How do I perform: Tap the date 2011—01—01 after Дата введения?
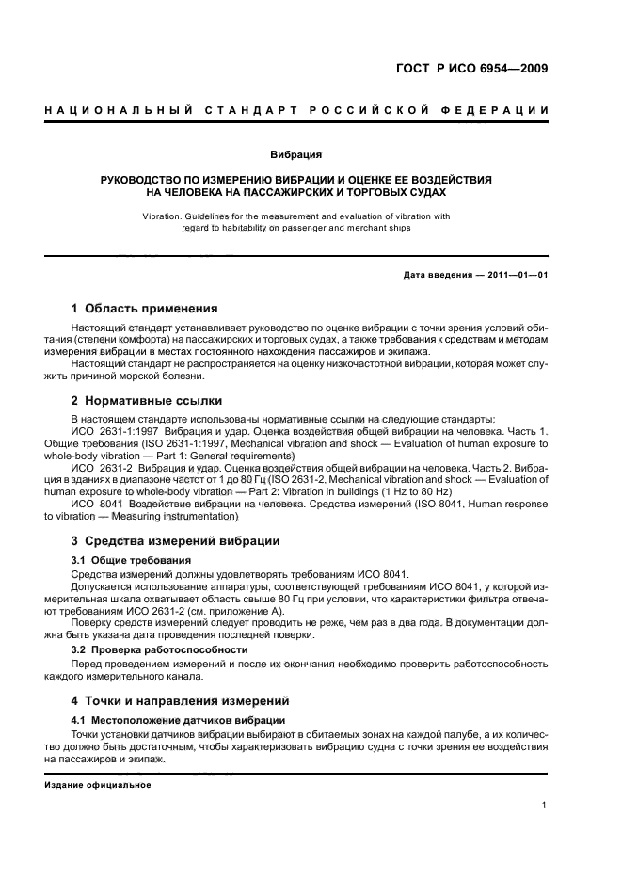(516, 274)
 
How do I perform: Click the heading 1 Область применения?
(145, 308)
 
